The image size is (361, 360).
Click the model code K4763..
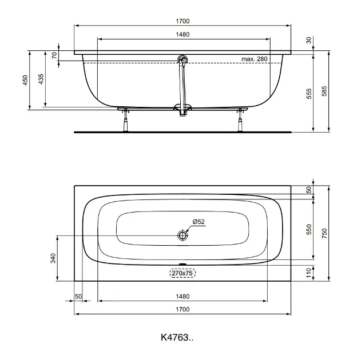(x=177, y=337)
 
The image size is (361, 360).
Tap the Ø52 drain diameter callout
(x=199, y=222)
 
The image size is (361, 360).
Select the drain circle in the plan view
(x=183, y=235)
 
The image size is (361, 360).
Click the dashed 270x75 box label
(x=183, y=273)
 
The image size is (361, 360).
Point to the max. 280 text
(x=255, y=59)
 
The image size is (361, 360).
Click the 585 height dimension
(x=324, y=91)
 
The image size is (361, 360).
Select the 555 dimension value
(x=309, y=94)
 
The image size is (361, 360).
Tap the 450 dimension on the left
(x=25, y=80)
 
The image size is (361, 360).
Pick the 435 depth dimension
(x=41, y=79)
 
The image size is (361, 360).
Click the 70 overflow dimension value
(x=54, y=55)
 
